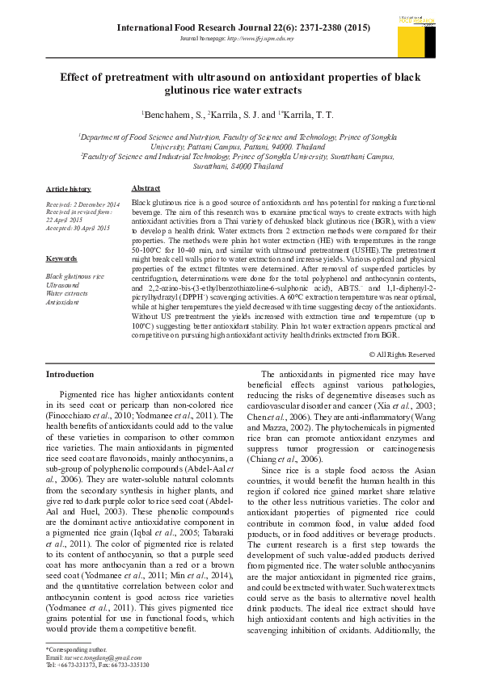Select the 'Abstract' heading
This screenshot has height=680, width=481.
coord(146,187)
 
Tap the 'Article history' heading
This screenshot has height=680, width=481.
coord(69,187)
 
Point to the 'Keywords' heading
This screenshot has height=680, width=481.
coord(61,258)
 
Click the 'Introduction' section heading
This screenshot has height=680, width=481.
coord(70,374)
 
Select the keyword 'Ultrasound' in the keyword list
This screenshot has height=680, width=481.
coord(63,285)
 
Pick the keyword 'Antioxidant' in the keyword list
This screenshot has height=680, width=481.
coord(63,303)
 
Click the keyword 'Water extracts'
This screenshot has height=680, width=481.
coord(68,294)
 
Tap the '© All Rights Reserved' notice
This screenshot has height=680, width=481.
coord(402,355)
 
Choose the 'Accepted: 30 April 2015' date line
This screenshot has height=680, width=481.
coord(78,229)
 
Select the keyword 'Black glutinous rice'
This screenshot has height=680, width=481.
coord(75,276)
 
